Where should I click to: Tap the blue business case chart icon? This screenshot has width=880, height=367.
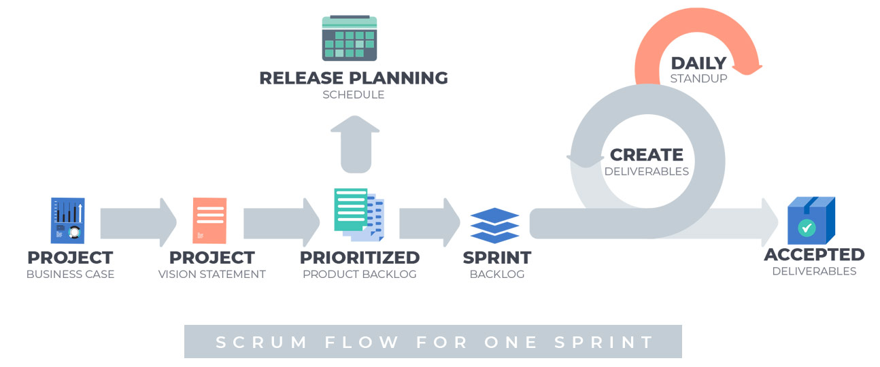coord(67,220)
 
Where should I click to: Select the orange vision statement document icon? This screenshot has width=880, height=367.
coord(209,220)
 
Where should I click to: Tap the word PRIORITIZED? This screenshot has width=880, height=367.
coord(360,258)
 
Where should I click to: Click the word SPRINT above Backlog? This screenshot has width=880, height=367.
coord(496,258)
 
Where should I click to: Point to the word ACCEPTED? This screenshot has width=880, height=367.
coord(814,255)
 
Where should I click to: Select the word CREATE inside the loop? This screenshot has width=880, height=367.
coord(646,155)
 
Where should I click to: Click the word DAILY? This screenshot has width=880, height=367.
coord(698,63)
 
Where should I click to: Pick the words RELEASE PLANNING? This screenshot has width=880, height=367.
coord(354,78)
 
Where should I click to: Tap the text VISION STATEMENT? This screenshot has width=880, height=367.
coord(211,275)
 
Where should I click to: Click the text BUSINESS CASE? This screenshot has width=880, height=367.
coord(70,275)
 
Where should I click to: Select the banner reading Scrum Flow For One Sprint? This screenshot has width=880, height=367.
coord(433,341)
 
